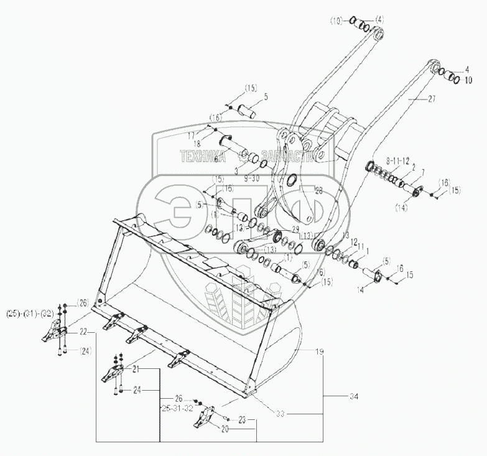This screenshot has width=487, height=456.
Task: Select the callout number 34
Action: click(355, 396)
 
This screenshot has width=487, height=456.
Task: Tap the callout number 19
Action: click(319, 351)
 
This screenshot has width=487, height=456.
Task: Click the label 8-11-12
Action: click(396, 161)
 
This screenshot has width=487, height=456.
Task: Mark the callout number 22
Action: click(83, 333)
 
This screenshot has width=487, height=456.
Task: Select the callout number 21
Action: click(136, 370)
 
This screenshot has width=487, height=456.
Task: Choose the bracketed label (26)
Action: click(84, 303)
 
